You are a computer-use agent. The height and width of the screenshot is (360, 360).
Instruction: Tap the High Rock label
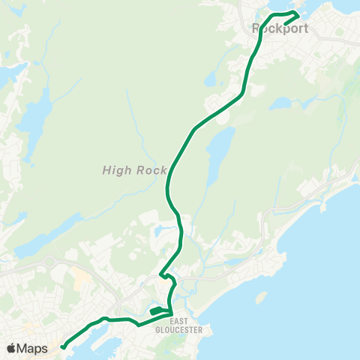(x=124, y=170)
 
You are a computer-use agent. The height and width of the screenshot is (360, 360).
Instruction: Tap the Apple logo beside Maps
(x=11, y=349)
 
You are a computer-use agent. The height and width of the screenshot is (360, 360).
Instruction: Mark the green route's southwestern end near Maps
(x=63, y=346)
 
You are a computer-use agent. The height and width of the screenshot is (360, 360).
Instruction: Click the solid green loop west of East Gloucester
(x=158, y=310)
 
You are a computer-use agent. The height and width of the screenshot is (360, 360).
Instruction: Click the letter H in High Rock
(x=106, y=170)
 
